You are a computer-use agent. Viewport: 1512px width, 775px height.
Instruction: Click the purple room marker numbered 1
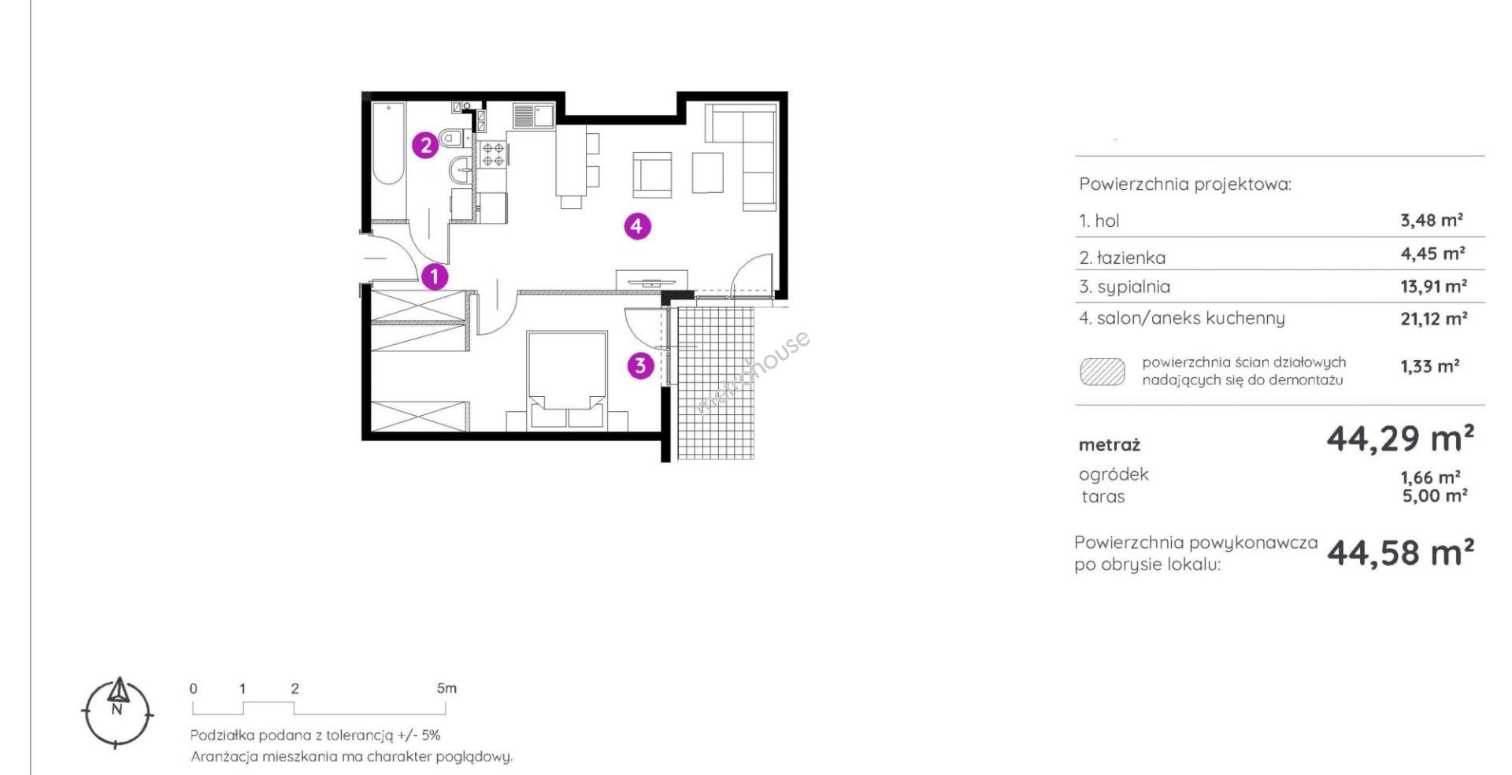coord(434,276)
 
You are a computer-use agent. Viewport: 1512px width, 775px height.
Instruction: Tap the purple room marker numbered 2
coord(426,145)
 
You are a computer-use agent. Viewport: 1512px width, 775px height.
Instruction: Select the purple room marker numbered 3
coord(640,365)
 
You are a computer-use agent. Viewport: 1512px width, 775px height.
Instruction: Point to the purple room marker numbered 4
coord(637,227)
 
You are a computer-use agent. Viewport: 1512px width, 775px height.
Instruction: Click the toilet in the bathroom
coord(451,138)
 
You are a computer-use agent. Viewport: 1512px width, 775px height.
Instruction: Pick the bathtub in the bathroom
coord(388,143)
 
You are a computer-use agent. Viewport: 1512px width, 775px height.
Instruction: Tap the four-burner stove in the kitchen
coord(494,154)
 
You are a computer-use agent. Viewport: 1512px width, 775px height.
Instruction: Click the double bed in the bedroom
coord(566,380)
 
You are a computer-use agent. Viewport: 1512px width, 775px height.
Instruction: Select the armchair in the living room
coord(652,174)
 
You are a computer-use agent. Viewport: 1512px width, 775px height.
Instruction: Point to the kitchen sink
coord(534,116)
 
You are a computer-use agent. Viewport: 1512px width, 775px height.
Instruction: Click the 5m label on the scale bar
coord(447,688)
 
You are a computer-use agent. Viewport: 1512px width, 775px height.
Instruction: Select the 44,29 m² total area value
coord(1400,439)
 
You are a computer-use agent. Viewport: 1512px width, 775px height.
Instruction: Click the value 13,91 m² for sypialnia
coord(1433,286)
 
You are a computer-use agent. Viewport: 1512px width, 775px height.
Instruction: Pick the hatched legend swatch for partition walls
coord(1102,372)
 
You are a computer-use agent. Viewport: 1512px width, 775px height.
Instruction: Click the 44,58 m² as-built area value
coord(1400,553)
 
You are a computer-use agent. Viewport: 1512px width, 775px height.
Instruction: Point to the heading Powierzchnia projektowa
coord(1185,184)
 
